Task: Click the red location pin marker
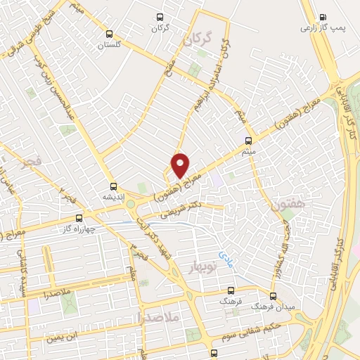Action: [x=181, y=165]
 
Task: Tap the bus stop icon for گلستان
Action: [x=108, y=33]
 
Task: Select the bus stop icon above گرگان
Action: [x=160, y=17]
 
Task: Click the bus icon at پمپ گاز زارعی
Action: [x=323, y=17]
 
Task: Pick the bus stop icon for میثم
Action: [x=247, y=140]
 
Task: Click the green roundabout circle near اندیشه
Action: [x=131, y=205]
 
